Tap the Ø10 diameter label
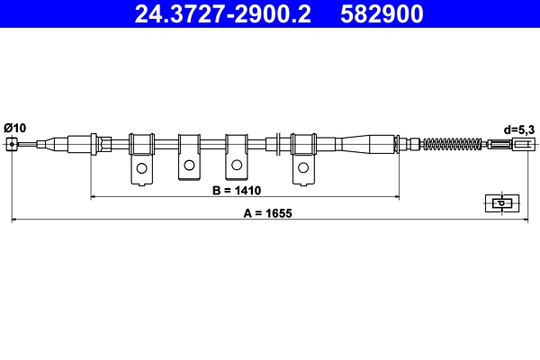click(15, 127)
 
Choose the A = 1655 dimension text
click(268, 214)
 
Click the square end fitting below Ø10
click(11, 144)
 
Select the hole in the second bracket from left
click(189, 165)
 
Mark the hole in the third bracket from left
click(237, 165)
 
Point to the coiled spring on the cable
click(454, 144)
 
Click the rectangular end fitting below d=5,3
click(522, 144)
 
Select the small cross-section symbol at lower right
click(500, 202)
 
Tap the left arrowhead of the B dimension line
click(94, 196)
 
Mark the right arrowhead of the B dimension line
click(396, 196)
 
